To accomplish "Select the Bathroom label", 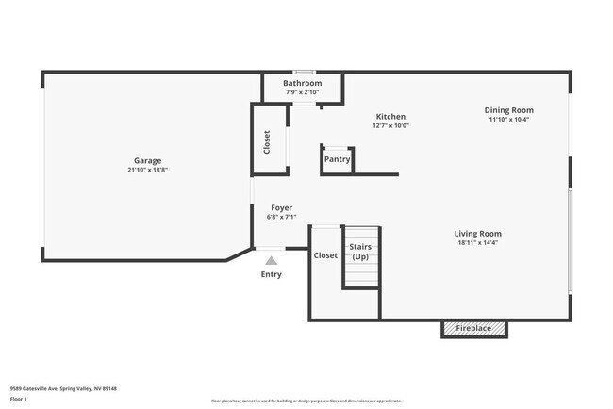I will click(303, 83).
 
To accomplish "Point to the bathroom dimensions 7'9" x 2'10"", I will click(303, 92).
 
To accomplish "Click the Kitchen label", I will click(390, 116).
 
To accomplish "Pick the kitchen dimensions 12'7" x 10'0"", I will click(390, 125).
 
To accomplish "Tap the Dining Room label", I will click(509, 109).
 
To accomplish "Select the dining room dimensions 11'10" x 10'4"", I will click(509, 120).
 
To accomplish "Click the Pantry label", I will click(338, 159).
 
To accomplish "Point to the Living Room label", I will click(477, 233).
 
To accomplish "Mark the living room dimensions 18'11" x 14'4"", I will click(477, 243).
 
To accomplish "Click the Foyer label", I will click(281, 207).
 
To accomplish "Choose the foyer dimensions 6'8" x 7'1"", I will click(281, 218).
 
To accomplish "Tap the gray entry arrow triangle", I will click(272, 261).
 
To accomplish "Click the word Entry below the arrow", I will click(271, 275).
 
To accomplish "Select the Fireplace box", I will click(474, 329).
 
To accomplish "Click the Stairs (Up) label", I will click(360, 252).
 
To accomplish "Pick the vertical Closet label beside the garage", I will click(267, 142).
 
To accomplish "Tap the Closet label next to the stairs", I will click(325, 255).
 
